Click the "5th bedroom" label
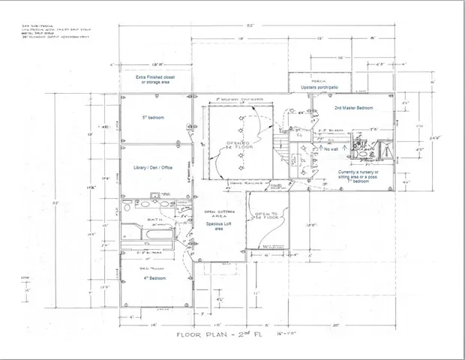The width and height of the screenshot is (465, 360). pyautogui.click(x=153, y=118)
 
